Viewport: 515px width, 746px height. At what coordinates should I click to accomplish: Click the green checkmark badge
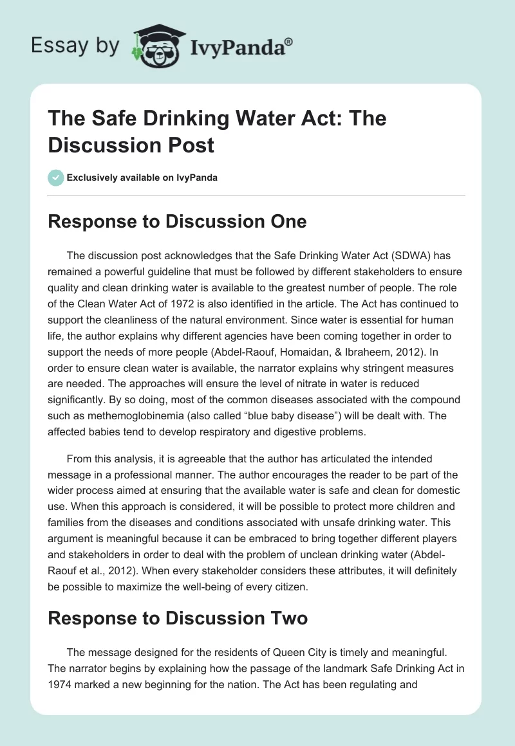(56, 177)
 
